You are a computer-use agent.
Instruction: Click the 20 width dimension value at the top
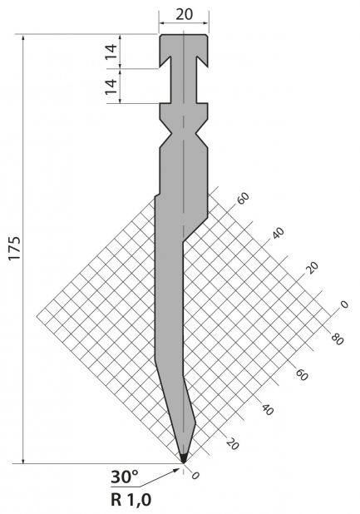tap(184, 14)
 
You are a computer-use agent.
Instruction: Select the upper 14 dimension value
tap(111, 51)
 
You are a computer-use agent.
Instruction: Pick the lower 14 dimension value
tap(111, 86)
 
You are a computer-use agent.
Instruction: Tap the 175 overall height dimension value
tap(15, 248)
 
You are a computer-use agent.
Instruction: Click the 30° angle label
tap(125, 477)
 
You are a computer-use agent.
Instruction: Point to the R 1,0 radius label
tap(131, 500)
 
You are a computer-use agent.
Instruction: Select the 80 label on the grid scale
tap(337, 339)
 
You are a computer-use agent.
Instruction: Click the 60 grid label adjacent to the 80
tap(302, 374)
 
